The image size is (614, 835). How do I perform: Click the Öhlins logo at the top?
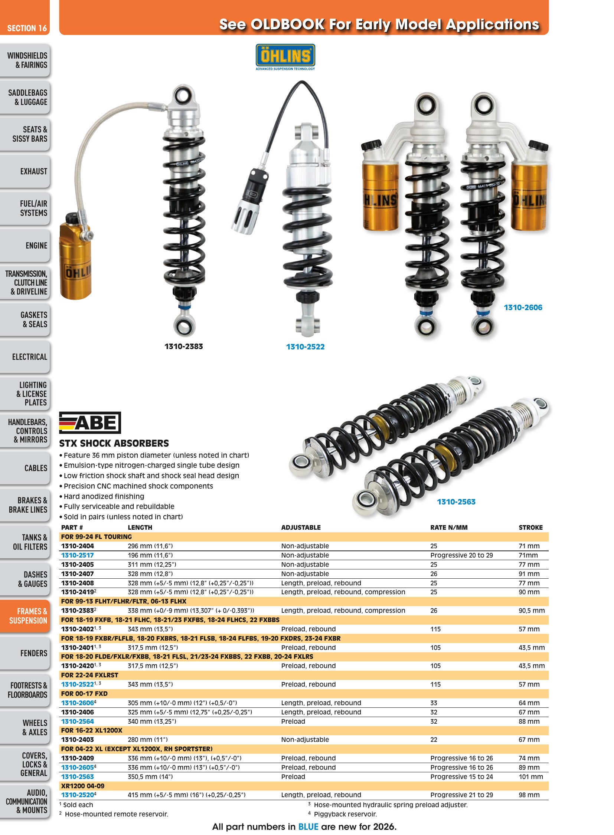tap(285, 57)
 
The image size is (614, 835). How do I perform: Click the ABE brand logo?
tap(90, 423)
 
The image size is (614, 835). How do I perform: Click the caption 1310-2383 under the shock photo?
tap(184, 346)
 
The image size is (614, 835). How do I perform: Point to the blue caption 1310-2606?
tap(523, 307)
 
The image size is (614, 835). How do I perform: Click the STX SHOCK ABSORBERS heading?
tap(114, 443)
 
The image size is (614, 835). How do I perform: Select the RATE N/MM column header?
tap(448, 527)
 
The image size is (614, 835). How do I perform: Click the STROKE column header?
tap(530, 527)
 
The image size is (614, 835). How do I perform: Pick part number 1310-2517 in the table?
tap(77, 555)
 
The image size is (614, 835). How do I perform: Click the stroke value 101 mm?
tap(531, 777)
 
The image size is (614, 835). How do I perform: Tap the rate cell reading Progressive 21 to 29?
tap(462, 795)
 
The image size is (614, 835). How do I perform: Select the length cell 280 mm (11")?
tap(147, 740)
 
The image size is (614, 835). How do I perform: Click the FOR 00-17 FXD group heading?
tap(84, 693)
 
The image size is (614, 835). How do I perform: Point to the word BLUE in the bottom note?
tap(308, 826)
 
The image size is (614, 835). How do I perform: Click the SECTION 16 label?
tap(27, 28)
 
